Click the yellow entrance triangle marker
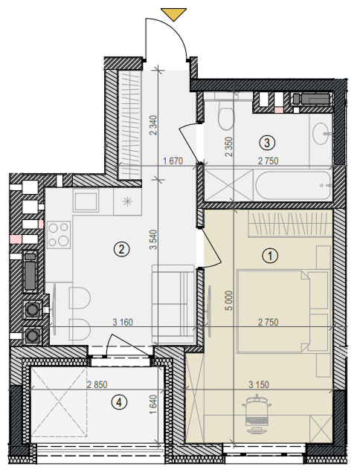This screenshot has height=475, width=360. point(173,14)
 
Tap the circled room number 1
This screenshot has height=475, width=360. point(270,256)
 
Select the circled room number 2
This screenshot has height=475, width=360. point(121,249)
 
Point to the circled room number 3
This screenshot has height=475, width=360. point(267,143)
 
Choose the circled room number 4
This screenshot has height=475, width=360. point(119,403)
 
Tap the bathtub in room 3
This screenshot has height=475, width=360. point(293,186)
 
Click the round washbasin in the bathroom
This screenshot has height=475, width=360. point(321,133)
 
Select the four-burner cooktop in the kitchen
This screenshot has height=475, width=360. point(59,234)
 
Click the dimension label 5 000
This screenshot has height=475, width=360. point(229,300)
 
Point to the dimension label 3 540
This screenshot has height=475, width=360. point(154,239)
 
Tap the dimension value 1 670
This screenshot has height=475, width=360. point(173,161)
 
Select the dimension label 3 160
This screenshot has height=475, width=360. point(123,322)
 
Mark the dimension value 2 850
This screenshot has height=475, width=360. point(97,384)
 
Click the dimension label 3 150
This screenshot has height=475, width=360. point(259,384)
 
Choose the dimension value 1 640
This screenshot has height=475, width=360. point(154,404)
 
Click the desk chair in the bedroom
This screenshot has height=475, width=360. point(257,414)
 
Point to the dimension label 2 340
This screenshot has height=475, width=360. point(154,125)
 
